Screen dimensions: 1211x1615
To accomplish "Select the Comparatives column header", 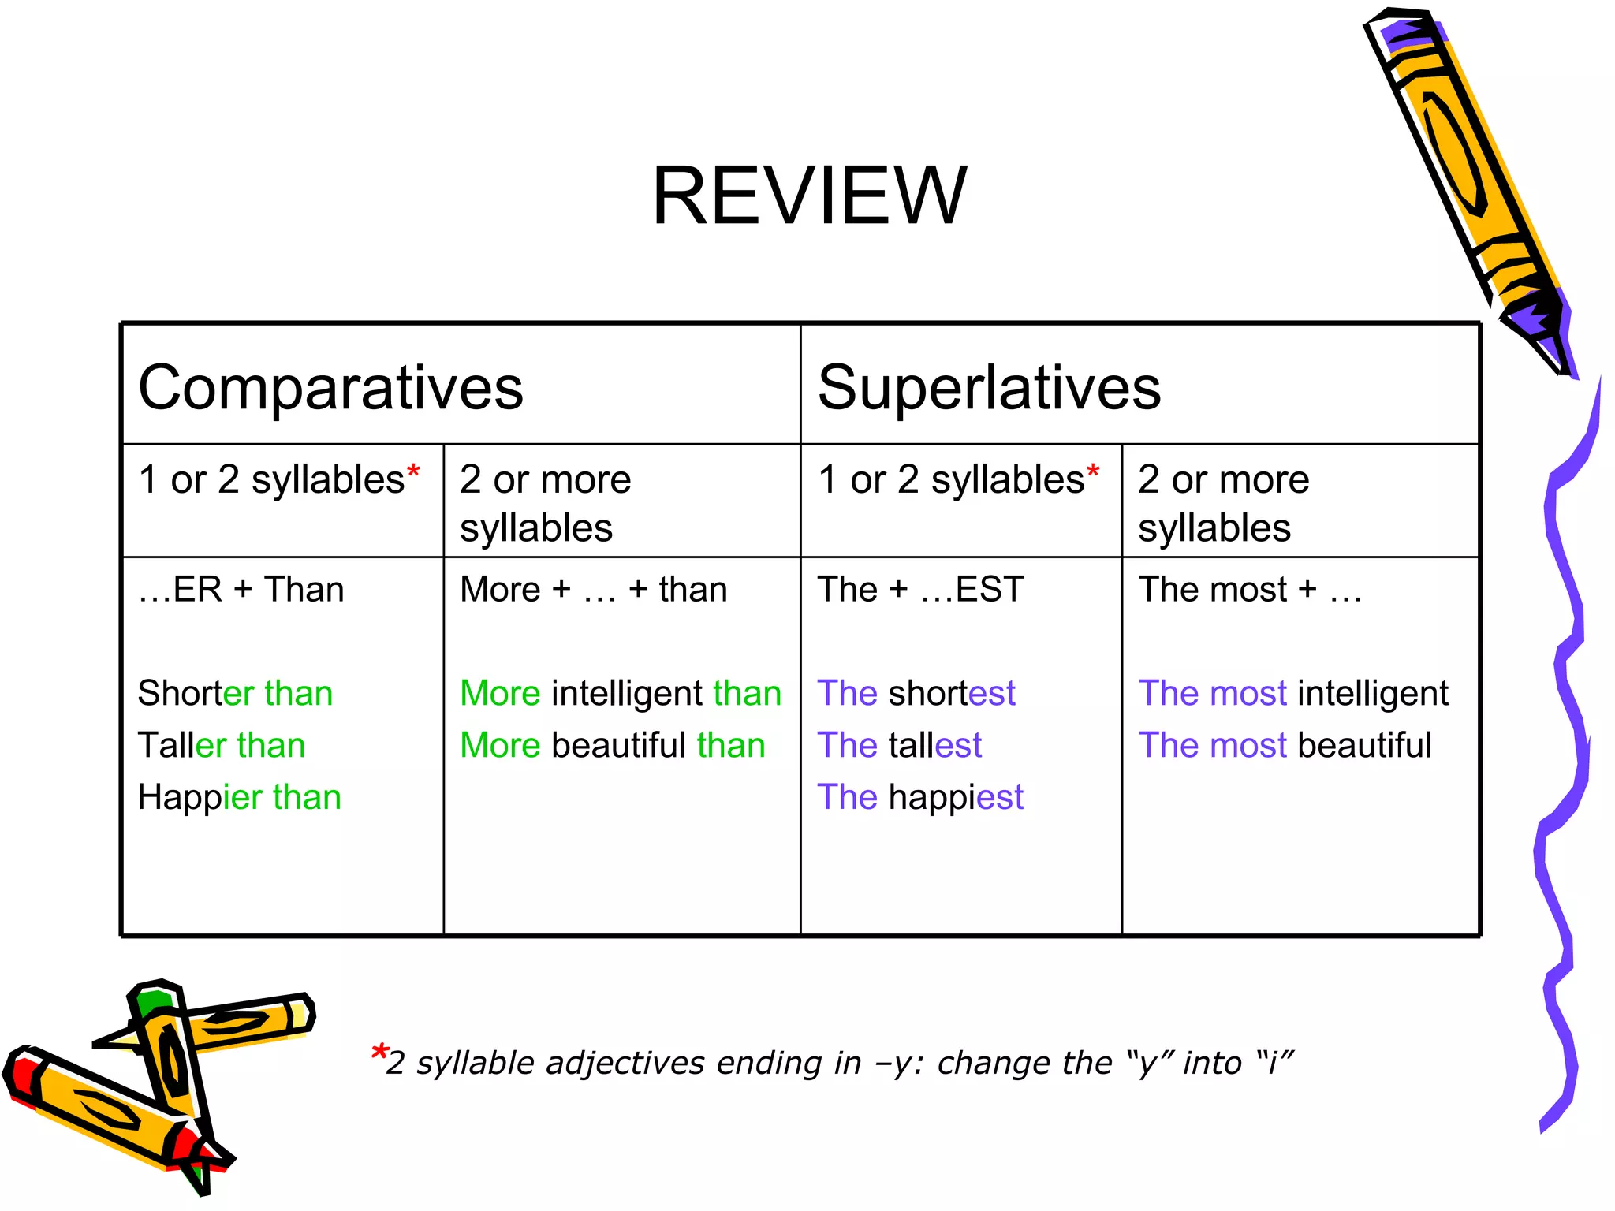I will (330, 388).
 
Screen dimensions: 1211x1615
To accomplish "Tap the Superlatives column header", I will (989, 388).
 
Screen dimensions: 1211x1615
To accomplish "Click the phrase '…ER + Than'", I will (241, 590).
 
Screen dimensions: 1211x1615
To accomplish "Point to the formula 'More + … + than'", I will (593, 590).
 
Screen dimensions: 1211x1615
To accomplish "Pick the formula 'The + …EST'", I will (920, 590).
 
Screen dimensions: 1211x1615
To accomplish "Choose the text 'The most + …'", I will (1250, 590).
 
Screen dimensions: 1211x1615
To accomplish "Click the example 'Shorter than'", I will (235, 694).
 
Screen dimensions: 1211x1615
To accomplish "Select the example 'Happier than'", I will (239, 797).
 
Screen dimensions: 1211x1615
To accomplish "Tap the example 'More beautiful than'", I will (612, 746).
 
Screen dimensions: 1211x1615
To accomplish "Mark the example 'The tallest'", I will (899, 746).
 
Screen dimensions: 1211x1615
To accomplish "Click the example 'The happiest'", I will (919, 797).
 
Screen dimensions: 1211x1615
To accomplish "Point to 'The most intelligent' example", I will (1293, 694).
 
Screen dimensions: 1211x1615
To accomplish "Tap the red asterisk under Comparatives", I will (413, 471).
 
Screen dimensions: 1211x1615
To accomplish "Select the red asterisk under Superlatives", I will (1093, 471).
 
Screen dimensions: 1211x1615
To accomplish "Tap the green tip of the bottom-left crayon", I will (151, 1002).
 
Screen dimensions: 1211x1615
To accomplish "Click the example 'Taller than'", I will (221, 746).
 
